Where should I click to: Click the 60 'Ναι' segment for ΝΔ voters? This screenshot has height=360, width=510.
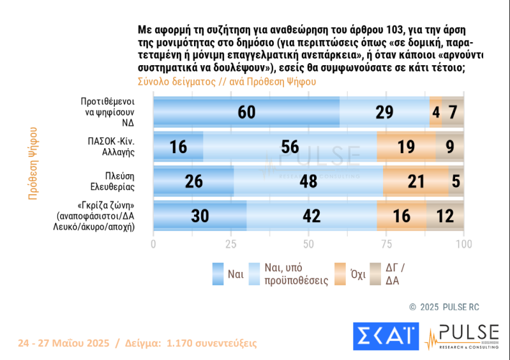point(246,112)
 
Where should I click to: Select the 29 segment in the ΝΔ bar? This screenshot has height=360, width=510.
point(384,112)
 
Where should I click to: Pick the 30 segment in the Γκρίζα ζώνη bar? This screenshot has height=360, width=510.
point(200,216)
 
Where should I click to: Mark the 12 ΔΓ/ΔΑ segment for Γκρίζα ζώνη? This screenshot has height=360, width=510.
point(445,216)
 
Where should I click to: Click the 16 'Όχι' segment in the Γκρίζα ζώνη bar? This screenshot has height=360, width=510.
point(401,216)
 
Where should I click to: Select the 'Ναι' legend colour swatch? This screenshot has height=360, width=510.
point(218,274)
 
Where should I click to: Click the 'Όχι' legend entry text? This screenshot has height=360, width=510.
point(357,275)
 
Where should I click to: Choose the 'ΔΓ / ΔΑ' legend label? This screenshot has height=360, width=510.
point(396,275)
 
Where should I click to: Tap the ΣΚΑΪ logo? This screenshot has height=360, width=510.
point(385,336)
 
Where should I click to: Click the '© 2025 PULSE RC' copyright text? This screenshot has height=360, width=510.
point(444,307)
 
